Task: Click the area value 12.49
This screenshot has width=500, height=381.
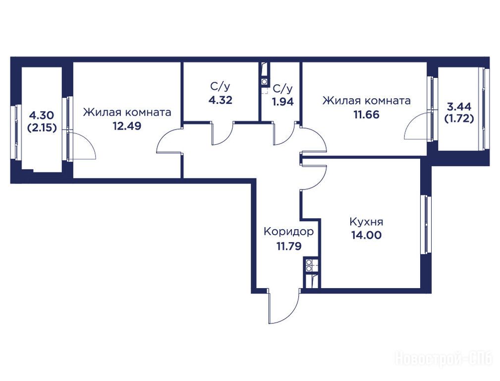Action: tap(127, 126)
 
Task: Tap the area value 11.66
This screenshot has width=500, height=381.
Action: tap(366, 115)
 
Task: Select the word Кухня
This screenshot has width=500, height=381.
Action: tap(366, 222)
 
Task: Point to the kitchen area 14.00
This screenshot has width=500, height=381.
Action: tap(366, 235)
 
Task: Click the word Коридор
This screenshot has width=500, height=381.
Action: tap(288, 232)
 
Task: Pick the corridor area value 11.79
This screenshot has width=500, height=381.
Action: tap(289, 246)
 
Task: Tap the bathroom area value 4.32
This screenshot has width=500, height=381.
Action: tap(221, 100)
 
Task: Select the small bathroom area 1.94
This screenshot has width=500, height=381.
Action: tap(282, 102)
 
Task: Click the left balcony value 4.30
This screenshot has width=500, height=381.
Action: tap(41, 115)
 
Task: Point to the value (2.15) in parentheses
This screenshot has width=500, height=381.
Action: tap(42, 128)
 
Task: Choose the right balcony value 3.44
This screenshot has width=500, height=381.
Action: tap(459, 106)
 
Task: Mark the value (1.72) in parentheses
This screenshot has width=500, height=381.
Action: tap(459, 119)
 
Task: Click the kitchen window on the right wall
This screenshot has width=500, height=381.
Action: tap(425, 225)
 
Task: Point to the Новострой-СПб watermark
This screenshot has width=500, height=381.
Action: tap(445, 359)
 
